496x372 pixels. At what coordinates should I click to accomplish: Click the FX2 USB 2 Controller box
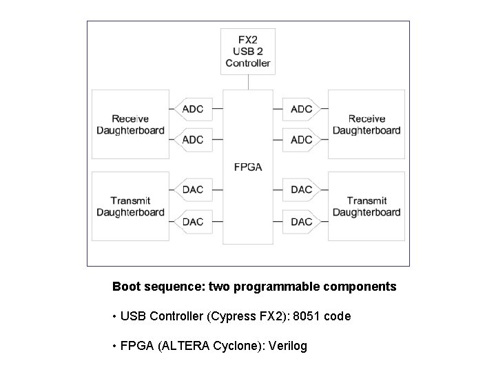[248, 51]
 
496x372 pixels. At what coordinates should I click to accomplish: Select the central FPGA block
[248, 167]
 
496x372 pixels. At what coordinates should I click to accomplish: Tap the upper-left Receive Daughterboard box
[130, 125]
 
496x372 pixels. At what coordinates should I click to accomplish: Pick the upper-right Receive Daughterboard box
[366, 125]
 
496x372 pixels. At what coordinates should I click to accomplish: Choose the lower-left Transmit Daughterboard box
[130, 206]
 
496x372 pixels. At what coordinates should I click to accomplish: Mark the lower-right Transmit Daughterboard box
[366, 206]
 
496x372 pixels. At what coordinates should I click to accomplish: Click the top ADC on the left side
[193, 109]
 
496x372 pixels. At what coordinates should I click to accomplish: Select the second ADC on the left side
[193, 140]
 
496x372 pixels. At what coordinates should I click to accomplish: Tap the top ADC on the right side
[302, 109]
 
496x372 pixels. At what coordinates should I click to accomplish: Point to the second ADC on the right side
[302, 140]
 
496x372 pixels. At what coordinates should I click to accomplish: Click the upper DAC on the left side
[193, 189]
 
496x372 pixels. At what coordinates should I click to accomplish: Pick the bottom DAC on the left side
[193, 222]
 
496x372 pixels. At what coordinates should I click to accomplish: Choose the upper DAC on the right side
[302, 189]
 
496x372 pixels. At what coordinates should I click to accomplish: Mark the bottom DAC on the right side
[302, 222]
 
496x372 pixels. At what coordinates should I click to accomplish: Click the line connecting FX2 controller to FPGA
[248, 82]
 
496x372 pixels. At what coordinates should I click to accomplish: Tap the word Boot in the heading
[126, 287]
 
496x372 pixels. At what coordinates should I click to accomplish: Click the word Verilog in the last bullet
[288, 346]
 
